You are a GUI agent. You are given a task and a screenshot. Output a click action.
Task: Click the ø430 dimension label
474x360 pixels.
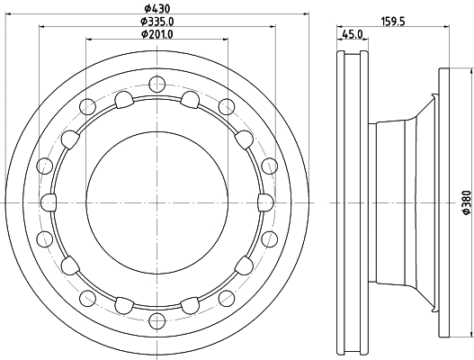[157, 8]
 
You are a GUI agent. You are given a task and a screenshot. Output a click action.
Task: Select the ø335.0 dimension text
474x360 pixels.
[157, 22]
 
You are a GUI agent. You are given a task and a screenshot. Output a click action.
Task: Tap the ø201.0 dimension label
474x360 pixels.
[157, 34]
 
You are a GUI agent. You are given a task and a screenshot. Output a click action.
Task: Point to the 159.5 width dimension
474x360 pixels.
[393, 22]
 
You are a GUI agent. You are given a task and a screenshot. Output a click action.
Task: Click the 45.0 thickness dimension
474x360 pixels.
[353, 34]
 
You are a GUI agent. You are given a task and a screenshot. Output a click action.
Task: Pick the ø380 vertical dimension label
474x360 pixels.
[467, 202]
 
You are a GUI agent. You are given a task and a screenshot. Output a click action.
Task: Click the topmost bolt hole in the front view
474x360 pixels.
[157, 84]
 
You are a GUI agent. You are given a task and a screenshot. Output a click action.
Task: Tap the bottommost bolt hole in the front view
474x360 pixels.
[157, 321]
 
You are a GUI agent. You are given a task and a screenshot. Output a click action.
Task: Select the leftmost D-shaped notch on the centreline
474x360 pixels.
[49, 202]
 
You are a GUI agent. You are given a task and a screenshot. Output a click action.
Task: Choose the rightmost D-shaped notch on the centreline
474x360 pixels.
[266, 202]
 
